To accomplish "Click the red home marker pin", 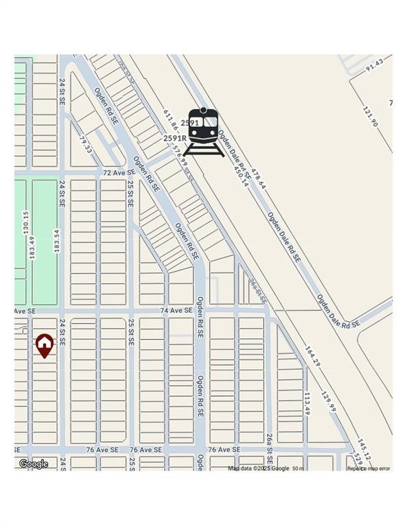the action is click(x=45, y=344).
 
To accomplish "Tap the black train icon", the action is click(x=203, y=130).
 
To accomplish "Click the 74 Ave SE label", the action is click(x=176, y=310).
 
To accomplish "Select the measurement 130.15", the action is click(x=25, y=224).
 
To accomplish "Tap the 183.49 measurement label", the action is click(x=32, y=248).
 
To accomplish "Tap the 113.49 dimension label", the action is click(x=308, y=403).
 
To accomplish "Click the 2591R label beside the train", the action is click(x=175, y=138).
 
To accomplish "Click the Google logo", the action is click(x=33, y=464).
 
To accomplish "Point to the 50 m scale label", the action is click(x=298, y=469).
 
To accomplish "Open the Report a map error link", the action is click(x=369, y=469).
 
